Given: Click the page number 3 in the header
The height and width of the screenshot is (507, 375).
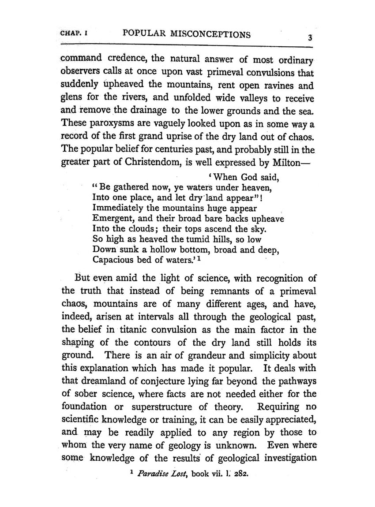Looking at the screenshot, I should pos(311,38).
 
